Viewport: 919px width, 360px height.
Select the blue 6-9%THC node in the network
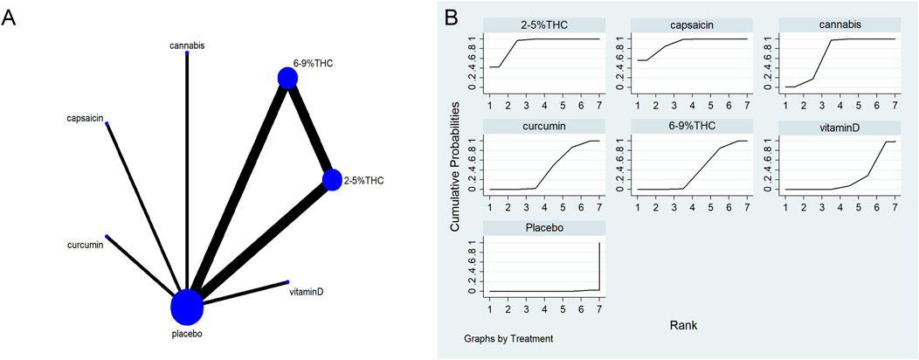[x=287, y=79]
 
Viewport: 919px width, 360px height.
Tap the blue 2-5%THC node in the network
[x=332, y=180]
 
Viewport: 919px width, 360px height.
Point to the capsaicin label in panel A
[x=86, y=116]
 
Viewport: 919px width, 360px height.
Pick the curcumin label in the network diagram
[x=86, y=245]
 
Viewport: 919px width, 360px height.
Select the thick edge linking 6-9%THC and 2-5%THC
[x=310, y=129]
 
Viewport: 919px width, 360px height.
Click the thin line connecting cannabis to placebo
[x=187, y=166]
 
